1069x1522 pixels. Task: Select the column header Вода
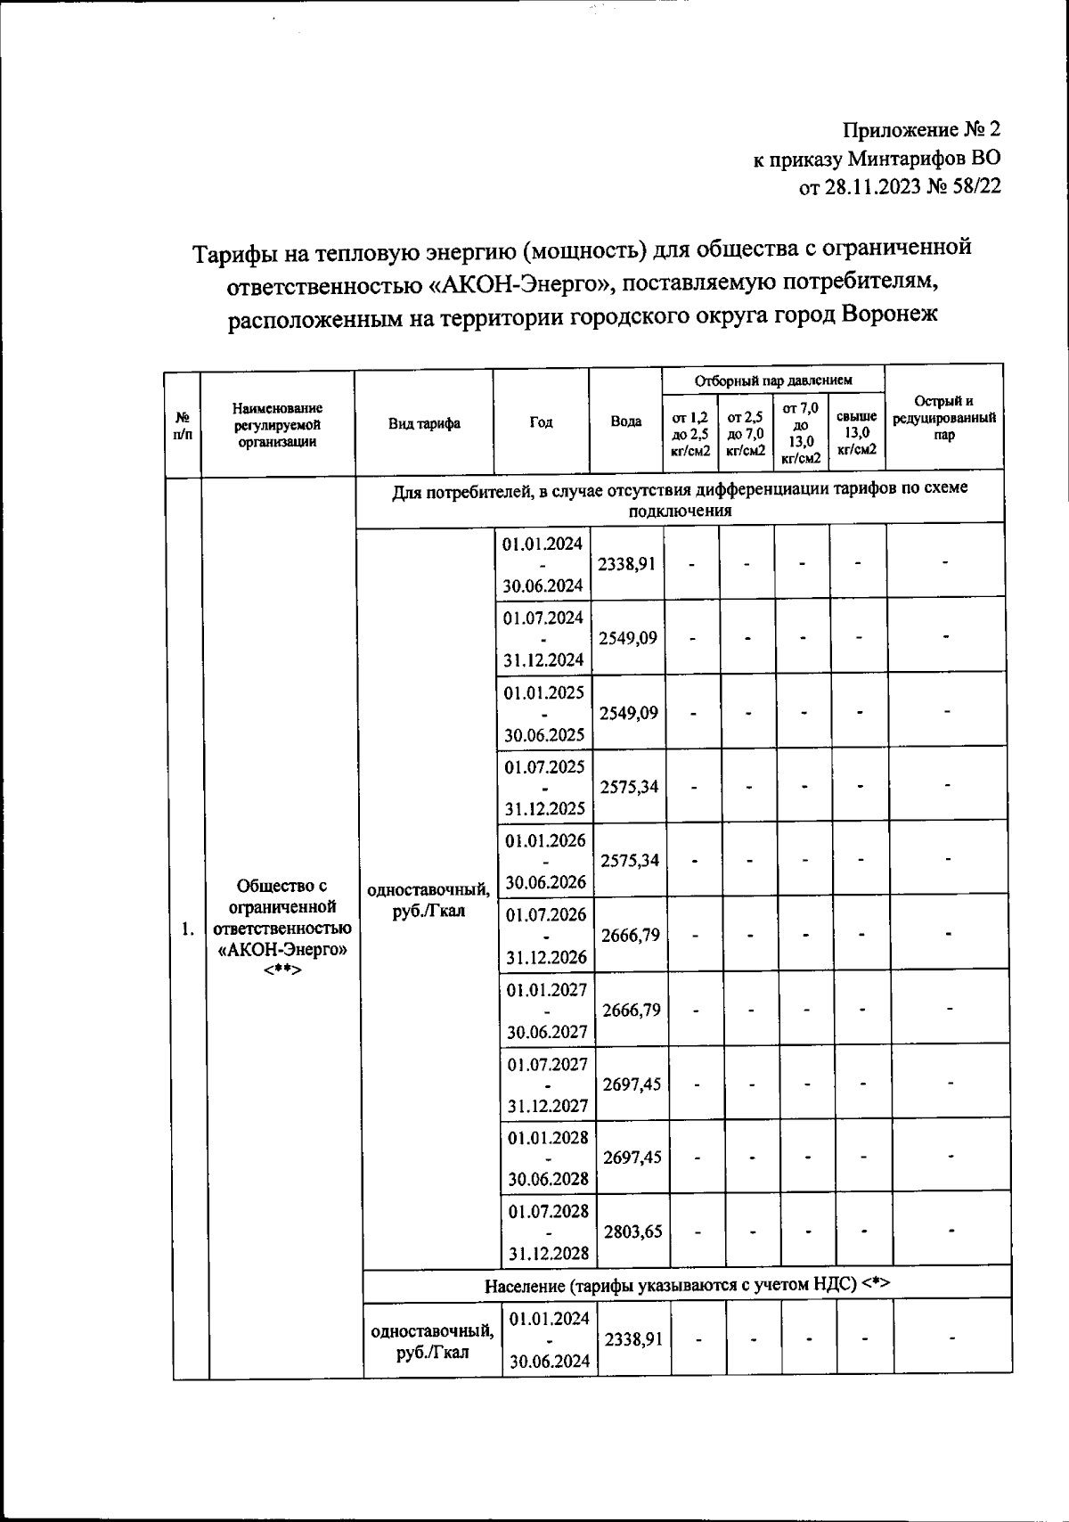[x=626, y=422]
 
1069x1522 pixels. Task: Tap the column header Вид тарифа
[x=424, y=423]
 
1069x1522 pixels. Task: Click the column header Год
[x=541, y=422]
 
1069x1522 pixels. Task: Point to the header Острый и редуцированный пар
[x=944, y=418]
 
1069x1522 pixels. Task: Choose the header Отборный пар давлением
[x=773, y=380]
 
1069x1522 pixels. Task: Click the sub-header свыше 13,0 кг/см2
[x=857, y=433]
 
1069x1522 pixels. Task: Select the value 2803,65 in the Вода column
[x=632, y=1232]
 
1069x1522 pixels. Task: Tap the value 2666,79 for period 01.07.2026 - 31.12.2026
[x=631, y=935]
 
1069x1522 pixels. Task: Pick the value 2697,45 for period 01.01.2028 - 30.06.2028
[x=632, y=1157]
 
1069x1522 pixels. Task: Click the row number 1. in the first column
[x=187, y=929]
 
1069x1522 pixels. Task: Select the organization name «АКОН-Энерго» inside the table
[x=282, y=949]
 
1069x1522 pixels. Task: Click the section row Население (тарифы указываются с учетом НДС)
[x=687, y=1284]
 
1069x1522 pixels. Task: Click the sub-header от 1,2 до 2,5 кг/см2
[x=691, y=433]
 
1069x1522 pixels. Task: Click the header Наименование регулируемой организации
[x=277, y=424]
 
